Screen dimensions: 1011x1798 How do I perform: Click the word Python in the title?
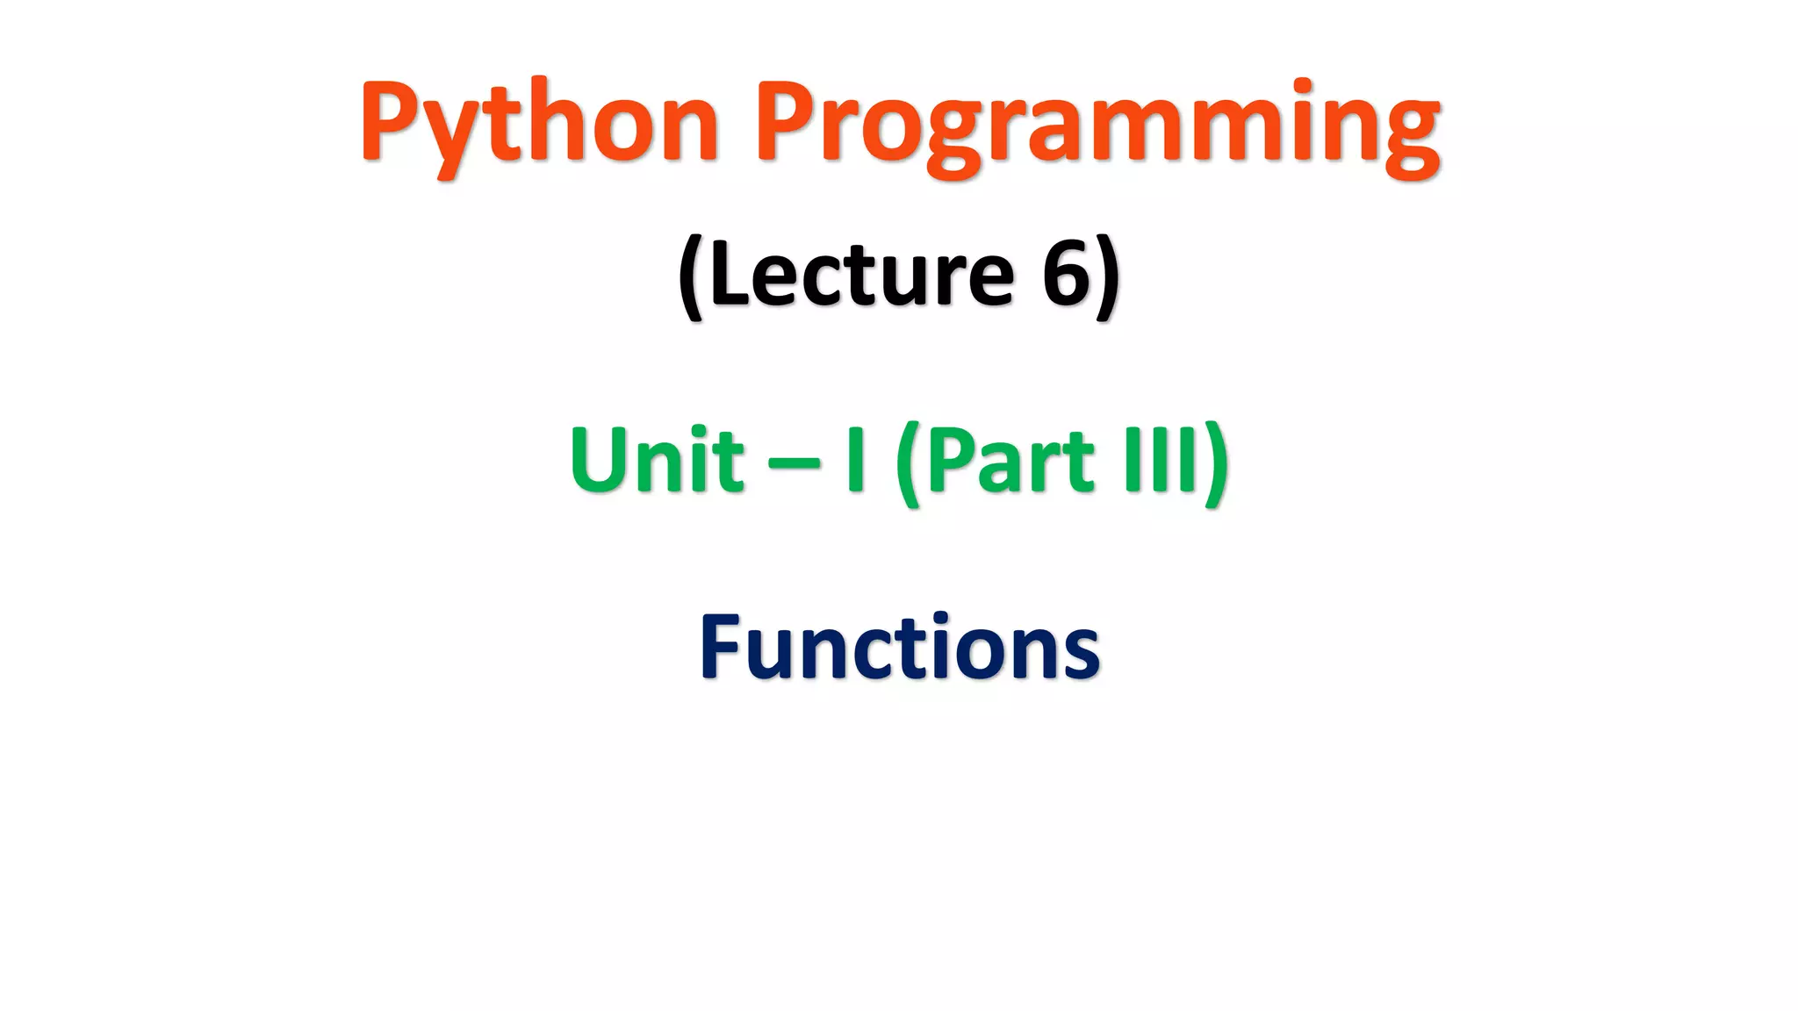539,123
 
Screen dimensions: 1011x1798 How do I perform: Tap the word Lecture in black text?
861,275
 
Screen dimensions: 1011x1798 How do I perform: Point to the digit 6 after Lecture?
1066,275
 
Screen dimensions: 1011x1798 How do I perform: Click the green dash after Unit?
795,463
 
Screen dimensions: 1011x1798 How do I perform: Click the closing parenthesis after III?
1216,462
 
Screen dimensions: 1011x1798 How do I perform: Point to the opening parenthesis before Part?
908,462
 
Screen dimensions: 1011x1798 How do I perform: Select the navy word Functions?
899,648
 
